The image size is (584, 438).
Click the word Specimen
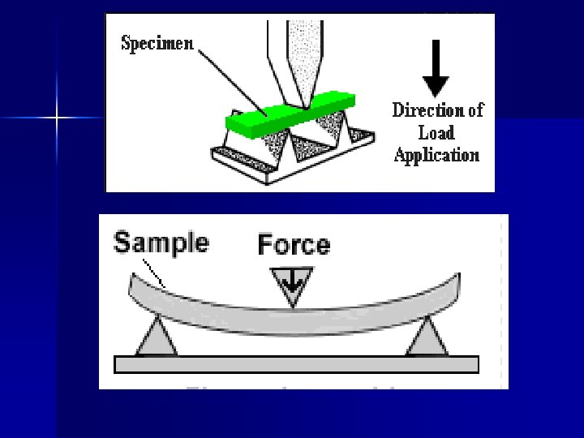coord(157,44)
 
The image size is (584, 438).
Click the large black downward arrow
coord(436,68)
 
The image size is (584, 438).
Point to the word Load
coord(436,132)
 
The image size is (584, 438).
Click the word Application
coord(436,155)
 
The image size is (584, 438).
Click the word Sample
coord(161,242)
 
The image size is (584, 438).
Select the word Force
coord(294,244)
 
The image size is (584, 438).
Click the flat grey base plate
coord(296,364)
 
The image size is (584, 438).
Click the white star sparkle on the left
coord(57,119)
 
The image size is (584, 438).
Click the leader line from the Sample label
coord(154,272)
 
